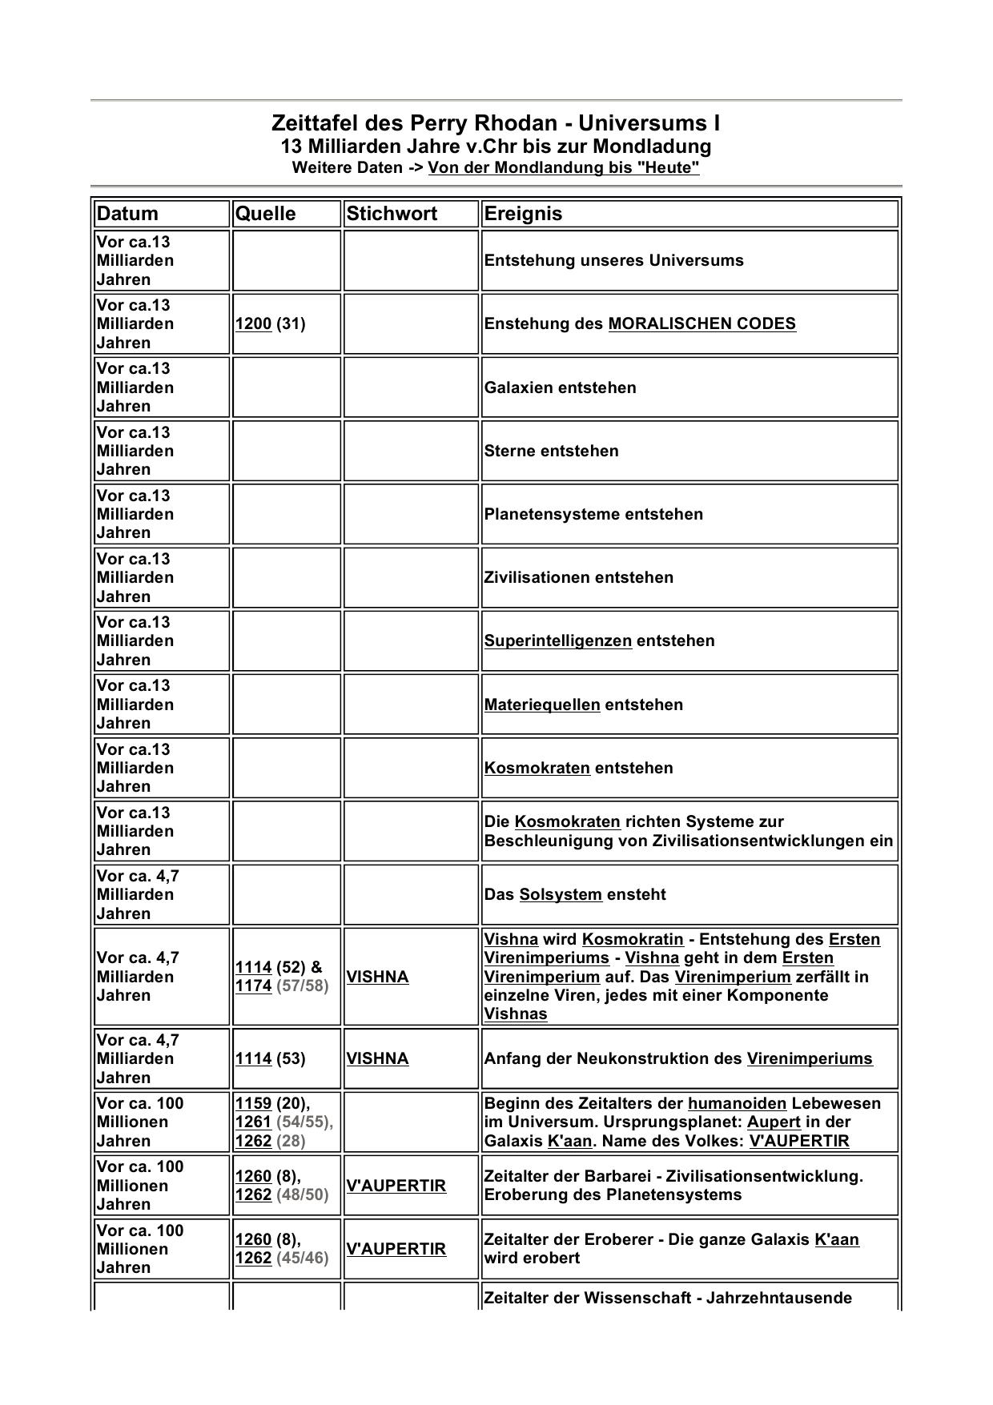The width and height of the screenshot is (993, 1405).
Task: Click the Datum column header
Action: pos(127,214)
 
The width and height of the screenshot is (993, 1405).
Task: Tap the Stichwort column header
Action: pos(392,214)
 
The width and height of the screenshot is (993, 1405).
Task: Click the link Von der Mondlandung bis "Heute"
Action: pos(564,168)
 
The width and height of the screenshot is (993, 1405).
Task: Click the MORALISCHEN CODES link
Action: pos(702,324)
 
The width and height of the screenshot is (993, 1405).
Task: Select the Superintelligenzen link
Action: pos(558,641)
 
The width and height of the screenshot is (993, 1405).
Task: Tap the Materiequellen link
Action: pos(542,705)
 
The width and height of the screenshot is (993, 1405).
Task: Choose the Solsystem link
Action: pos(561,895)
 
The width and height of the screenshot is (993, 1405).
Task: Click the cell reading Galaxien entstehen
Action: pos(561,388)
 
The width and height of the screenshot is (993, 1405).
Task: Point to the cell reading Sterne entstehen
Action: pos(552,452)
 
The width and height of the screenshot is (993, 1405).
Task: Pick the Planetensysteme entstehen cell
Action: pos(593,515)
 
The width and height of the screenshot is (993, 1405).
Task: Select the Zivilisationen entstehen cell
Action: pos(579,578)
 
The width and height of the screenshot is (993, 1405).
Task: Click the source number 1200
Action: pos(253,324)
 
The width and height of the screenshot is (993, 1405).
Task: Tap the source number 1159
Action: pos(253,1104)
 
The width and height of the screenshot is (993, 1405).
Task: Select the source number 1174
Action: pos(253,986)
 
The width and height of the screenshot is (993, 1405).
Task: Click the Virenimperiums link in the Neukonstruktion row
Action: pos(810,1059)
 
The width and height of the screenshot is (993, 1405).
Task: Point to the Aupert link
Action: pos(774,1122)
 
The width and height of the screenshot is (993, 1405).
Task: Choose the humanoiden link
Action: pos(737,1104)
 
